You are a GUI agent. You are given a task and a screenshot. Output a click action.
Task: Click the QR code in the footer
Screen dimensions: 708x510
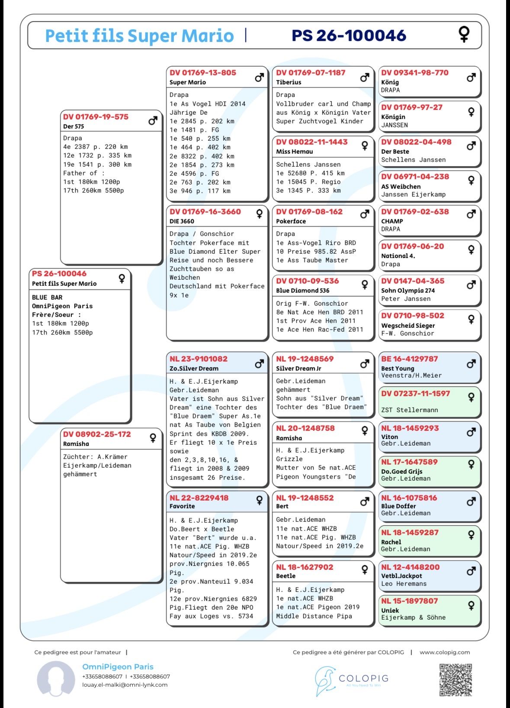pos(455,679)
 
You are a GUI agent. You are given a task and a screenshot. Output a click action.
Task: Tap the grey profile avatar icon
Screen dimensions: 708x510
pos(56,679)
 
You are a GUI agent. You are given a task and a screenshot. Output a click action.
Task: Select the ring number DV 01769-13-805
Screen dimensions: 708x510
pos(203,73)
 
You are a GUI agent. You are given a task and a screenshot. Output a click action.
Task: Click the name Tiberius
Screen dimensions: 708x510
pos(289,82)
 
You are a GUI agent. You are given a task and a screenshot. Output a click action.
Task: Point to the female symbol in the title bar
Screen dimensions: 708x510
pos(464,34)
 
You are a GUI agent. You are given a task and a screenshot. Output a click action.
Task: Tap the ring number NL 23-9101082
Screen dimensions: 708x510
pos(198,359)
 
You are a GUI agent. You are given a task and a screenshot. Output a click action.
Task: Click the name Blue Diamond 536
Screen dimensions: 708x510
pos(302,291)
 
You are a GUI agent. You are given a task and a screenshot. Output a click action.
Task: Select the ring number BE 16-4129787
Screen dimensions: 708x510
pos(409,359)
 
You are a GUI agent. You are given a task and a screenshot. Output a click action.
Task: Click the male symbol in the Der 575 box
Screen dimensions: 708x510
pos(153,121)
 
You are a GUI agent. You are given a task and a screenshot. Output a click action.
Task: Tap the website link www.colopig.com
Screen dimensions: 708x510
pos(444,652)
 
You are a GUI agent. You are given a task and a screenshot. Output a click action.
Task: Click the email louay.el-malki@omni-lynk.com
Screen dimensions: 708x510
pos(125,685)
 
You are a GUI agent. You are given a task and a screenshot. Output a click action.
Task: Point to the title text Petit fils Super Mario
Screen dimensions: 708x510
pos(139,36)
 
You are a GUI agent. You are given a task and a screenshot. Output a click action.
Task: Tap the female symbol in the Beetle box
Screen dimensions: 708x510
pos(365,569)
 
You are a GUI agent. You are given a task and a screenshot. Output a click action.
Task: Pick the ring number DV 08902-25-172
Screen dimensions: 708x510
pos(97,434)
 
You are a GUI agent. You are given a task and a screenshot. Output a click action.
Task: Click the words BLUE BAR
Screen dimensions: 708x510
pos(47,297)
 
